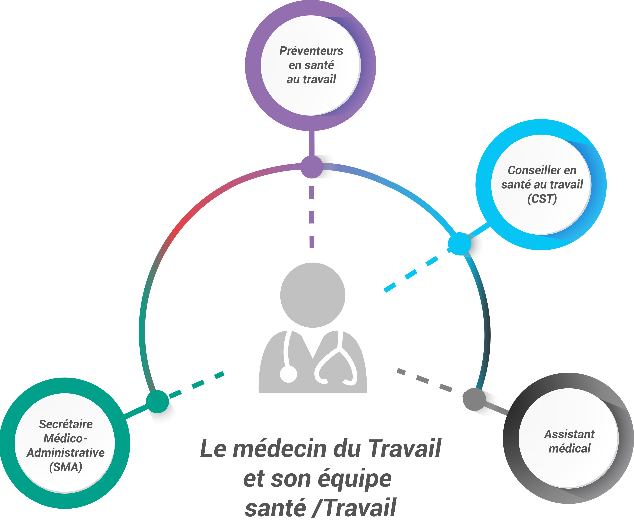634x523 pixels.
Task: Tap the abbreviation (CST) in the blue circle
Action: click(542, 199)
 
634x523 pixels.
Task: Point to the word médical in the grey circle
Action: click(569, 449)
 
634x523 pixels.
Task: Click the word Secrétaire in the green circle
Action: click(66, 424)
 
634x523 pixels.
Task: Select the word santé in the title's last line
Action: click(275, 508)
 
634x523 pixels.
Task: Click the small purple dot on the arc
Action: click(312, 167)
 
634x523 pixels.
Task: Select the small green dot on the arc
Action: click(157, 401)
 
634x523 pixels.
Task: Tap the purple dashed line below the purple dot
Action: click(312, 217)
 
